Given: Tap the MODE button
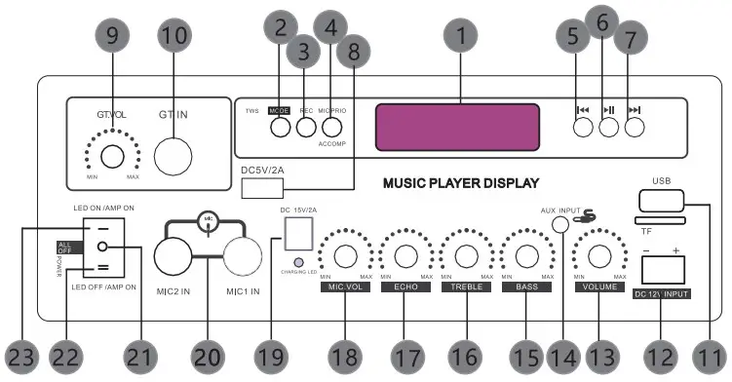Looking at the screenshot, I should [280, 128].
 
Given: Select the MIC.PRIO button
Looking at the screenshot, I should [333, 128].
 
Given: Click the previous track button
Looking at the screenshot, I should [583, 127].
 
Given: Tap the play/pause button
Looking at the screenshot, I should [609, 127].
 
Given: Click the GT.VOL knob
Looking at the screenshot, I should [112, 157].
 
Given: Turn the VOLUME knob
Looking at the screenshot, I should [597, 256].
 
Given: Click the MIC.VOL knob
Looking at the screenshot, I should [344, 256].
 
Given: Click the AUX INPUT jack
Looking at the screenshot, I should [560, 223].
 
